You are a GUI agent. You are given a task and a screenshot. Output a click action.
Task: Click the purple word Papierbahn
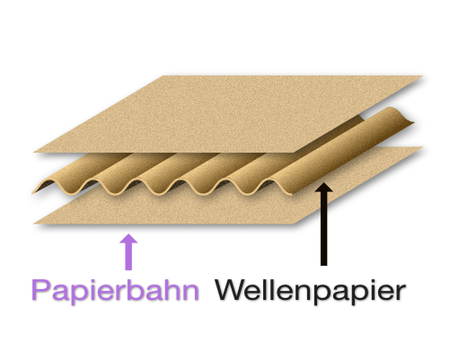(116, 291)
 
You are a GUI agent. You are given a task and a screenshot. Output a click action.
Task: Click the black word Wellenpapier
(311, 291)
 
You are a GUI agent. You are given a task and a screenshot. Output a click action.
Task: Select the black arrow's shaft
(323, 228)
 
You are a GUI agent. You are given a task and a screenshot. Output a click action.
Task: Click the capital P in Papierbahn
(40, 289)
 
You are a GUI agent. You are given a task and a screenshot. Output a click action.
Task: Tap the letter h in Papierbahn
(170, 289)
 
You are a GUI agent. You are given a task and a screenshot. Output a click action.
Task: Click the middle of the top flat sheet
(228, 114)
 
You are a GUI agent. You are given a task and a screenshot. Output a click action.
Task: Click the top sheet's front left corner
(34, 152)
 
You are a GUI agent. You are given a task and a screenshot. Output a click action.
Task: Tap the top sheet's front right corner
(294, 153)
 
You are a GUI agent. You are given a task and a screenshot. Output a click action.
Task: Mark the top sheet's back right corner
(422, 76)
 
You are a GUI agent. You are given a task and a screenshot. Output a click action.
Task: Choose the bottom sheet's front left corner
(34, 224)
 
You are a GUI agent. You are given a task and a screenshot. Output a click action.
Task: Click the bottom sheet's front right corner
(294, 224)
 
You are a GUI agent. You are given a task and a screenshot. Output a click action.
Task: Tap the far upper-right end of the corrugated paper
(413, 122)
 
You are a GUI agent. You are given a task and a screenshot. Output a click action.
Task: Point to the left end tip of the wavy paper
(32, 193)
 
